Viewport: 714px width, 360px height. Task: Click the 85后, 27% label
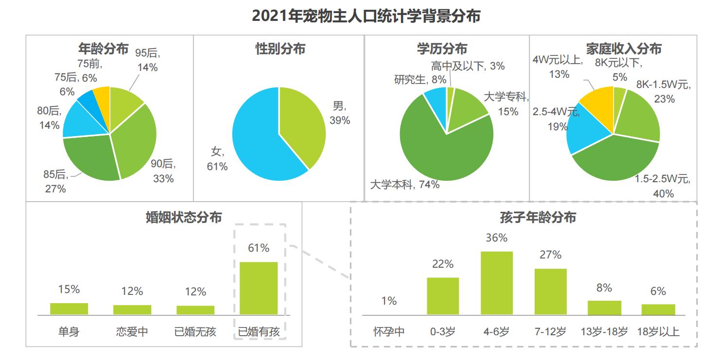coord(55,181)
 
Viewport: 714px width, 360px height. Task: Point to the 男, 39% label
coord(340,113)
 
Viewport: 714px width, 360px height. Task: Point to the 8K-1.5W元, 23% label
coord(663,91)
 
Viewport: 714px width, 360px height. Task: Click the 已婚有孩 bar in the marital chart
coord(259,288)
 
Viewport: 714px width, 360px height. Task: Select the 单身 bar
coord(69,309)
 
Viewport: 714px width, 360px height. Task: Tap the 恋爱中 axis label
coord(132,332)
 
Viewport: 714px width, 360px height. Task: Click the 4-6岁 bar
coord(497,283)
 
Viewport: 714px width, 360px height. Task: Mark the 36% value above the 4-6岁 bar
coord(497,238)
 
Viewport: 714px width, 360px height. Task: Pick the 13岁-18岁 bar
coord(604,308)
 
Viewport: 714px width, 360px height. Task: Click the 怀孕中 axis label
coord(389,332)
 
